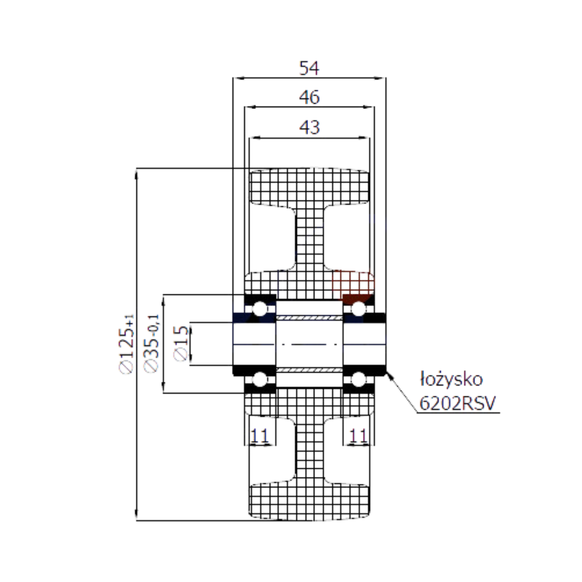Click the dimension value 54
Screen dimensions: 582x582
[309, 68]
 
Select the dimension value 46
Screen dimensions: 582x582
[309, 97]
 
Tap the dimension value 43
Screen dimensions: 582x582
[309, 127]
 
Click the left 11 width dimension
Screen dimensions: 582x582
[260, 435]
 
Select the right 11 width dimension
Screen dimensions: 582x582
[358, 435]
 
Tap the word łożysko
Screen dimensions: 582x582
[451, 379]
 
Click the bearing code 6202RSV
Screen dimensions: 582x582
[457, 403]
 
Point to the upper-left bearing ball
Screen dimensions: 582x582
[260, 309]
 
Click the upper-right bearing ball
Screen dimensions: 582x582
[358, 309]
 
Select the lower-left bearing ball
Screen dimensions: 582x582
[260, 379]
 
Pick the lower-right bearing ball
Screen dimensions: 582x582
[358, 379]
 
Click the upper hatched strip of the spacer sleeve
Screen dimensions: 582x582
[309, 318]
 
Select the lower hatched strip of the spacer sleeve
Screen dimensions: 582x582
[309, 370]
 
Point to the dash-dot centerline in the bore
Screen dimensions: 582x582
[309, 344]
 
